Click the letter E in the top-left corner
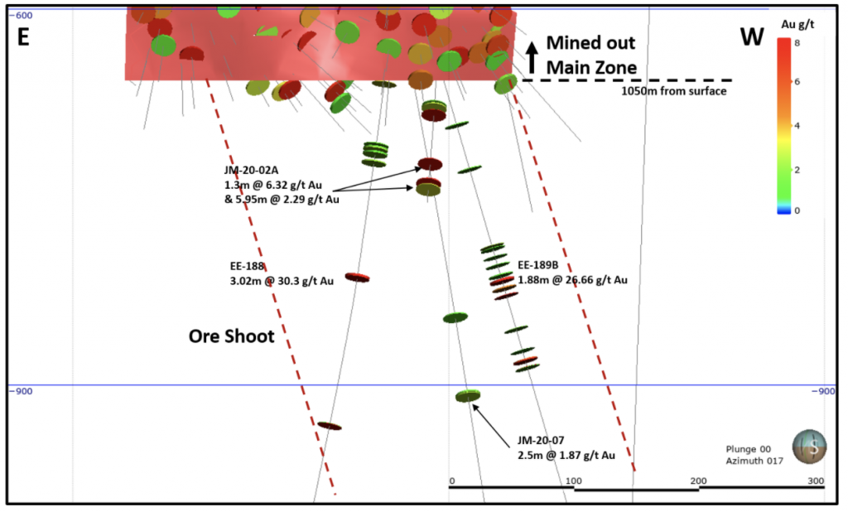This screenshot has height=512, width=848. tap(23, 38)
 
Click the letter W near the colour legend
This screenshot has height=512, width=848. tap(751, 38)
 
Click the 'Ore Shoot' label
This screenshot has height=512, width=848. tap(231, 336)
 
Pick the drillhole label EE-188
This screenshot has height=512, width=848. tap(248, 267)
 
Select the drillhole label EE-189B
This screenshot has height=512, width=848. tap(538, 265)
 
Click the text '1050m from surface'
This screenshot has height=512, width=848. tap(674, 91)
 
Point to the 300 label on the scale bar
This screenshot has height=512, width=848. tap(816, 481)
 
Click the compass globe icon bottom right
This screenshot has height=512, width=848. tap(809, 447)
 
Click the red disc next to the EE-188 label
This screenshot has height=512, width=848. tap(357, 278)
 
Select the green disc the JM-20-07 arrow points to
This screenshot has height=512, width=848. tap(468, 396)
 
